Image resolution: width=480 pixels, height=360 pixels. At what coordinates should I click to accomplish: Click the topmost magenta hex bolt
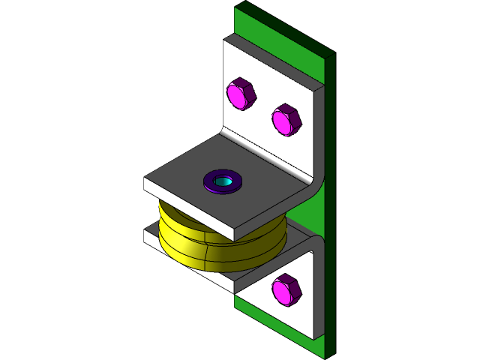(241, 94)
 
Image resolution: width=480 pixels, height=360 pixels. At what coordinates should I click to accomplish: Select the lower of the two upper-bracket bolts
(286, 120)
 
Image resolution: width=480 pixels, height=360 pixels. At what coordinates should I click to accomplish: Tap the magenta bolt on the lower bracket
(286, 290)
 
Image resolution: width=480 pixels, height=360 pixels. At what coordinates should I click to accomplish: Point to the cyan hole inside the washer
(223, 181)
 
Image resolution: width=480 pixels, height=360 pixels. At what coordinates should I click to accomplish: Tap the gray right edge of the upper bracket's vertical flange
(320, 127)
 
